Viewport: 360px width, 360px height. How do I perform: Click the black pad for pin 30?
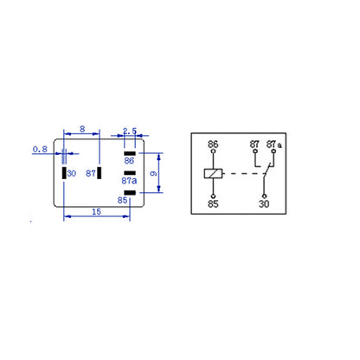[64, 173]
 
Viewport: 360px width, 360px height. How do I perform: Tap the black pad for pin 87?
[100, 173]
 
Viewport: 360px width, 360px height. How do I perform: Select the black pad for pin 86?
[130, 153]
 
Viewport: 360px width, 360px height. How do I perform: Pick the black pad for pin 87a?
[130, 173]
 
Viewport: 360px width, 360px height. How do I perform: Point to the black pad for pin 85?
[130, 193]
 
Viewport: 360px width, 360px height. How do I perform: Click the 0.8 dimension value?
[40, 149]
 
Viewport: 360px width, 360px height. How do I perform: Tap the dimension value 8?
[82, 129]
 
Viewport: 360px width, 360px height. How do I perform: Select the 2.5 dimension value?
[130, 131]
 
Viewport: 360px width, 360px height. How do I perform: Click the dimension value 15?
[96, 212]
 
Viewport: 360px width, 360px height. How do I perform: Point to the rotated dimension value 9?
[154, 173]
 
